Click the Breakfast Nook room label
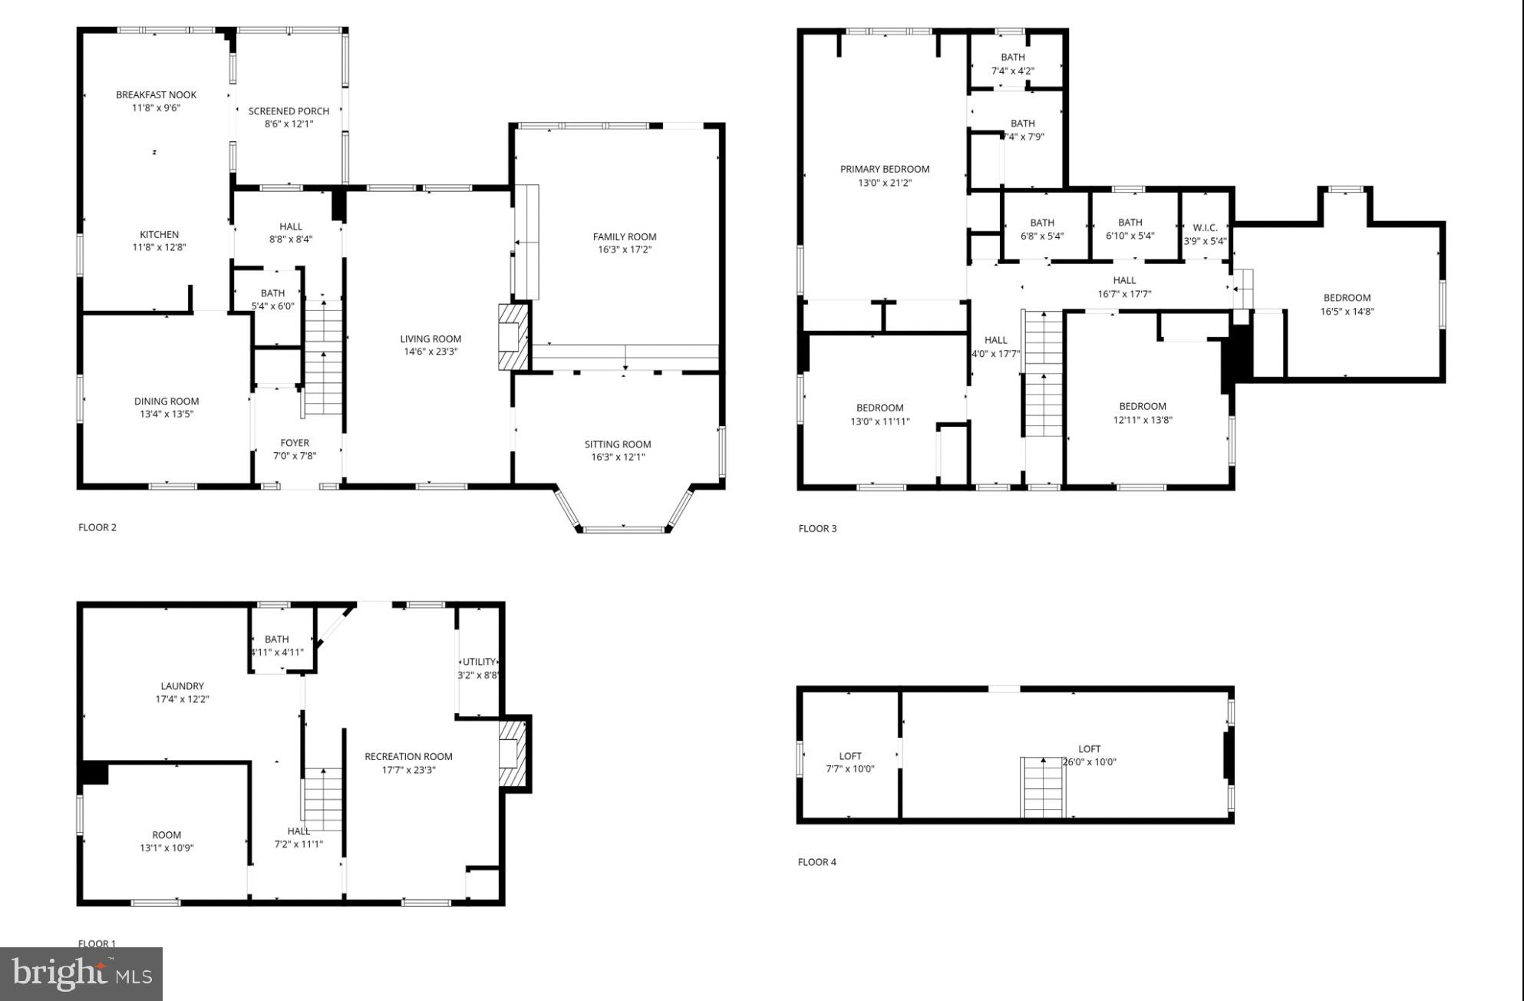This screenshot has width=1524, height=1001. click(x=156, y=94)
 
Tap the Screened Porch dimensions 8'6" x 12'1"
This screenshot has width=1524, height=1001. click(x=289, y=124)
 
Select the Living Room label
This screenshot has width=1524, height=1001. click(x=430, y=339)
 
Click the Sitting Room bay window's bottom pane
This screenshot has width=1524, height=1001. click(x=623, y=529)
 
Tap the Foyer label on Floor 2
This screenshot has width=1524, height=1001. click(x=295, y=443)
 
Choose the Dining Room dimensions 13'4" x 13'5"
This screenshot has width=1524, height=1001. click(x=166, y=414)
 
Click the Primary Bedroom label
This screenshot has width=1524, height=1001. click(x=884, y=169)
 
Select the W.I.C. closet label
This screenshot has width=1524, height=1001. click(x=1205, y=228)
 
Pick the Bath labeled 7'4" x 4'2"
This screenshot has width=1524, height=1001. click(x=1012, y=64)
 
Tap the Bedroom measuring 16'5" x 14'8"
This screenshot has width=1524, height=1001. click(x=1347, y=305)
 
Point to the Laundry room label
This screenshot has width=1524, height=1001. click(x=182, y=686)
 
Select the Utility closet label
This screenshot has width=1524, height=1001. click(x=480, y=662)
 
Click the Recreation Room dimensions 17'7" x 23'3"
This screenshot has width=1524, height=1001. click(x=408, y=769)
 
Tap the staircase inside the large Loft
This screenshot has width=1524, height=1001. click(x=1043, y=788)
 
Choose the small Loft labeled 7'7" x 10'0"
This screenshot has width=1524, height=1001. click(x=849, y=762)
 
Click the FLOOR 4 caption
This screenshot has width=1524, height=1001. click(x=816, y=862)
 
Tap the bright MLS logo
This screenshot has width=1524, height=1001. click(x=81, y=974)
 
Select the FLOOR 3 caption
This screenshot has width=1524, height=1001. click(x=817, y=528)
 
